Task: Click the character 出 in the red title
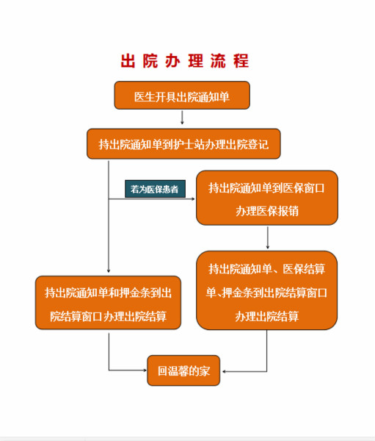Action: click(x=128, y=60)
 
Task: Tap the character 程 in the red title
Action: click(x=241, y=60)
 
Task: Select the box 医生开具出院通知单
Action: click(x=182, y=96)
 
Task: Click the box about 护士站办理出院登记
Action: click(x=183, y=144)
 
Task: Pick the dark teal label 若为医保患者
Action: click(x=155, y=189)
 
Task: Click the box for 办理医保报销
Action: click(x=267, y=198)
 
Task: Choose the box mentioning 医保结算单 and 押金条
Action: click(x=267, y=290)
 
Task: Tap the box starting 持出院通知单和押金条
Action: click(x=108, y=303)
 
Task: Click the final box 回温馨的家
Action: click(x=183, y=370)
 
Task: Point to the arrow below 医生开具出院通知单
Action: click(x=182, y=118)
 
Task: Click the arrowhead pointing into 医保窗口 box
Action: click(x=193, y=199)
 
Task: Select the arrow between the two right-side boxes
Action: click(x=267, y=237)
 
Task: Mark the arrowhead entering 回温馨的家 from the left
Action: click(x=145, y=370)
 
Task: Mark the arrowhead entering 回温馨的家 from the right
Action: click(x=224, y=371)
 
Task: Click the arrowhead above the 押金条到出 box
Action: click(x=109, y=270)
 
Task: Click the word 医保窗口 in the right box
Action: click(x=304, y=188)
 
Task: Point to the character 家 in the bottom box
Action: click(x=205, y=371)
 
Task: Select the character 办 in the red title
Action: click(x=172, y=60)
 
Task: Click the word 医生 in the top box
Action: click(x=145, y=97)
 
